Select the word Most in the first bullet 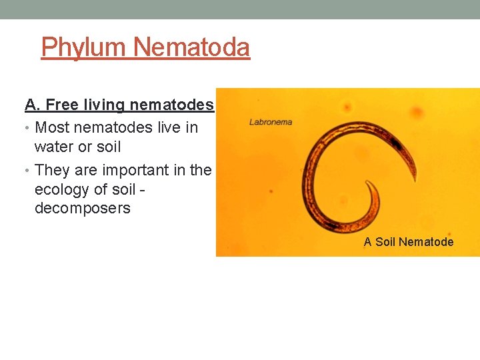(x=51, y=127)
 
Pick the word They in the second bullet (x=52, y=170)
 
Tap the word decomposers (x=83, y=209)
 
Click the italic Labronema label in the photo (x=271, y=122)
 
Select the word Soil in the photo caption (x=385, y=242)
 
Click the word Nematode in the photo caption (x=426, y=242)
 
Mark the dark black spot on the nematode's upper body (x=398, y=142)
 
